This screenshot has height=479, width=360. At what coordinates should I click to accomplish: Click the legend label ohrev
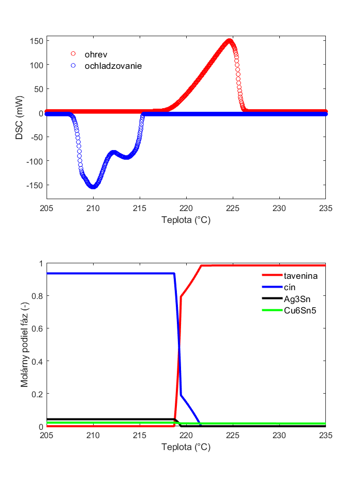tap(96, 54)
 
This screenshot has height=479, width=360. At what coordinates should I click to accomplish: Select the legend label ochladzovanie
tap(113, 66)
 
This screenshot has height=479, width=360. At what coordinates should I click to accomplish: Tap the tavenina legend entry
tap(301, 276)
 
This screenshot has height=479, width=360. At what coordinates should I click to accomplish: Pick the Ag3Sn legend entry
tap(297, 298)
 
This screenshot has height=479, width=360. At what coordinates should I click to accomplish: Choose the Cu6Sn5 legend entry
tap(300, 310)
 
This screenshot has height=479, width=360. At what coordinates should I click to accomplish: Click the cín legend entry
tap(290, 287)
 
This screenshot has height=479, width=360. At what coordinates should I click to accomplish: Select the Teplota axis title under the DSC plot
tap(186, 219)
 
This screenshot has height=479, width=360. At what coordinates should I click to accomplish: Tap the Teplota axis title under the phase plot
tap(186, 447)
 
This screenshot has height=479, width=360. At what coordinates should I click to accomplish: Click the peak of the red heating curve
tap(229, 41)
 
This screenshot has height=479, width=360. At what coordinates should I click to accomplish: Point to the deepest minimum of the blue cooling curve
tap(93, 186)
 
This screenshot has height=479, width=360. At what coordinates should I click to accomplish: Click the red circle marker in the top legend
tap(73, 54)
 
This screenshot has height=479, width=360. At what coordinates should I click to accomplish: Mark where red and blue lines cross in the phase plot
tap(179, 347)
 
